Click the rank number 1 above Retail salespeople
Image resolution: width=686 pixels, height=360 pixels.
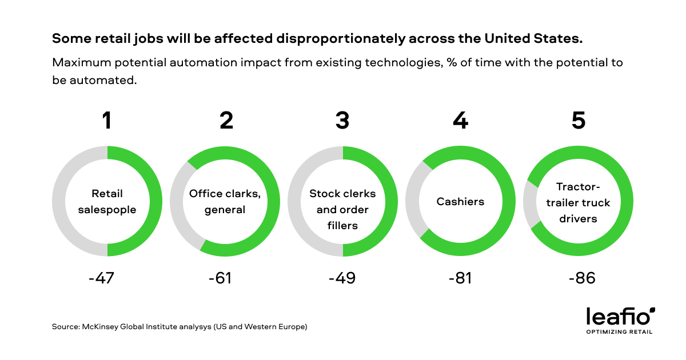pyautogui.click(x=106, y=121)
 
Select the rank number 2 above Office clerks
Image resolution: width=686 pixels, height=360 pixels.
pyautogui.click(x=226, y=121)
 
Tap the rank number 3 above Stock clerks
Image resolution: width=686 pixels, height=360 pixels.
pyautogui.click(x=342, y=121)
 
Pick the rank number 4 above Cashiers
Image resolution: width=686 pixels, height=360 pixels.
pyautogui.click(x=460, y=121)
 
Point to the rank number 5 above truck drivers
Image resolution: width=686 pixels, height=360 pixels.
pyautogui.click(x=578, y=121)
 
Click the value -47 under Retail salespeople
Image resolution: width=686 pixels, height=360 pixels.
pyautogui.click(x=102, y=278)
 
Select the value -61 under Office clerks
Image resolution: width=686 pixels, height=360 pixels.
pyautogui.click(x=221, y=278)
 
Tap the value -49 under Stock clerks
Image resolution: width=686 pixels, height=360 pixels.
pyautogui.click(x=342, y=278)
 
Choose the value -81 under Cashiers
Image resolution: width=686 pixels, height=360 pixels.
pyautogui.click(x=461, y=278)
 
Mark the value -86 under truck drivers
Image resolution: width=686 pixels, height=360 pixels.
pyautogui.click(x=582, y=278)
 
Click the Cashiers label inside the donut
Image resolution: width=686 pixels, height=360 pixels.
pyautogui.click(x=460, y=202)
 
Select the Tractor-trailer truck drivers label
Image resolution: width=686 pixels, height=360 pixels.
pyautogui.click(x=578, y=202)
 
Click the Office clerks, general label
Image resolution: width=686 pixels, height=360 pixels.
pyautogui.click(x=225, y=202)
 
